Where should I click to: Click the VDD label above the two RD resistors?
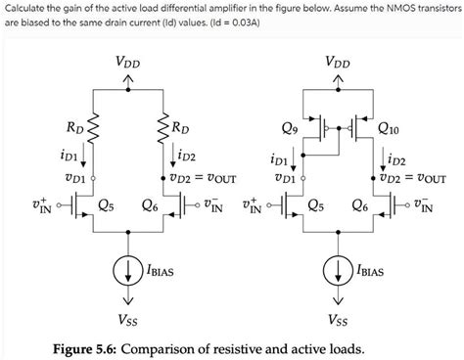[x=126, y=63]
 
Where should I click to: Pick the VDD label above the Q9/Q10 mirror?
[x=339, y=63]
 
